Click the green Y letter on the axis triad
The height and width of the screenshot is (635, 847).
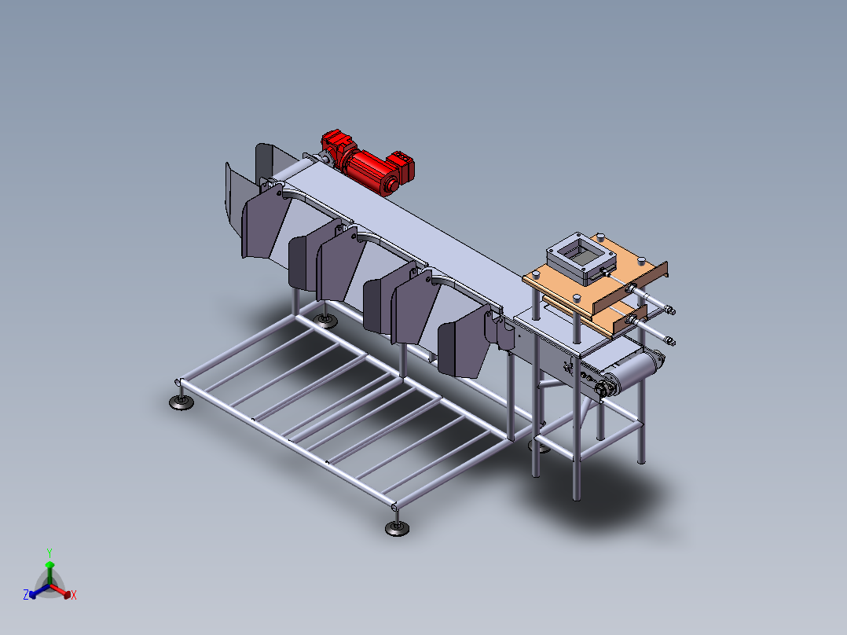tap(49, 552)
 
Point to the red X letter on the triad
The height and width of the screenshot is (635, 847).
tap(74, 595)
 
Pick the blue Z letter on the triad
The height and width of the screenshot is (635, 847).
tap(26, 594)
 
